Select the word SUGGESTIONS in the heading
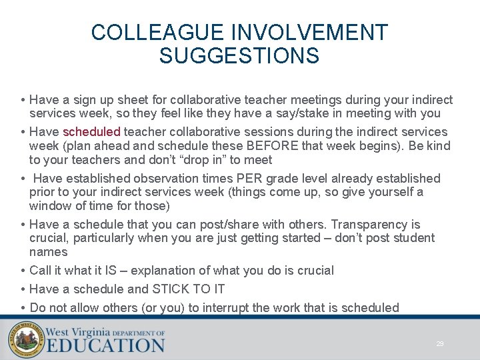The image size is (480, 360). (239, 56)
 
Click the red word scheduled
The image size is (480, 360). (91, 132)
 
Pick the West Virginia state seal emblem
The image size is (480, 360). (26, 339)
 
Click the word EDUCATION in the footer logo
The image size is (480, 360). (105, 345)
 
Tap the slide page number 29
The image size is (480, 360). (440, 344)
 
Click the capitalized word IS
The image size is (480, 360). (111, 270)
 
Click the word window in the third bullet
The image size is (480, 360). (49, 205)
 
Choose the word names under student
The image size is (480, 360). (48, 251)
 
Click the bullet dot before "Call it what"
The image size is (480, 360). (23, 270)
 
